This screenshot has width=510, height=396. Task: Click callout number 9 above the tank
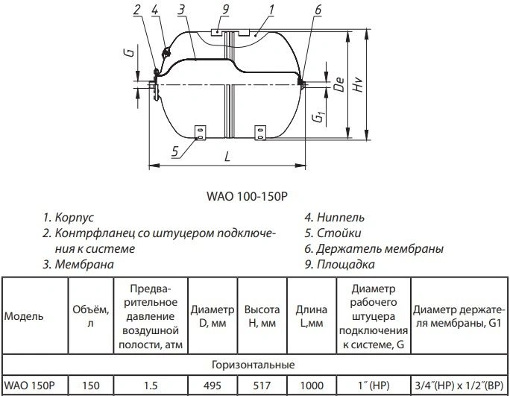coord(225,9)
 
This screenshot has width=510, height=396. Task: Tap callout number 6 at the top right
coord(318,10)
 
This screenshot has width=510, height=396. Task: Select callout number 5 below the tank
coord(175,151)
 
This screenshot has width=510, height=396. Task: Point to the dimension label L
coord(227,157)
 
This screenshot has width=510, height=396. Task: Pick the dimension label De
coord(339,84)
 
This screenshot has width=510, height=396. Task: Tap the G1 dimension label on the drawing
coord(319,116)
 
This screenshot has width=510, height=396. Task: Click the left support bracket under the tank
coord(200,133)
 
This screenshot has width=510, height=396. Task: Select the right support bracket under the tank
coord(260,133)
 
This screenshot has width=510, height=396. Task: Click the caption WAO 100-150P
coord(248,197)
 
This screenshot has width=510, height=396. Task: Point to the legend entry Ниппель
coord(335,217)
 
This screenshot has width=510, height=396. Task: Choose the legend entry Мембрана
coord(78,264)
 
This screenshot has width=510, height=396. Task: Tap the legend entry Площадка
coord(339,264)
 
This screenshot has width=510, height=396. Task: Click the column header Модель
coord(24,316)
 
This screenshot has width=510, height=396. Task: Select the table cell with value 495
coord(212,386)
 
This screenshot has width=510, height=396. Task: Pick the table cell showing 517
coord(262,386)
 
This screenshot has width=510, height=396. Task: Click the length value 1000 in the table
coord(312,386)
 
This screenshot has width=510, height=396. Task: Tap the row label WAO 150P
coord(31,386)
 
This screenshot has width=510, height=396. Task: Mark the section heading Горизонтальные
coord(253,365)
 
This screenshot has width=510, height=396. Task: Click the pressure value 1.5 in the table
coord(151,386)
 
